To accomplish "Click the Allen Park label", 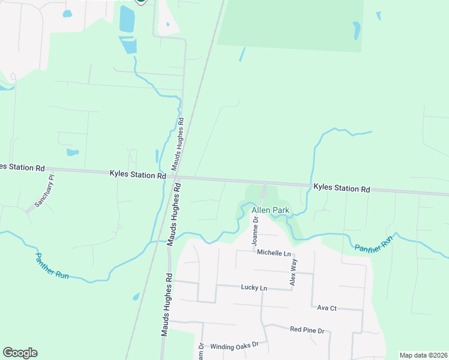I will point(270,211).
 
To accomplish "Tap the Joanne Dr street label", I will point(255,231).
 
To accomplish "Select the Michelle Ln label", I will point(273,254).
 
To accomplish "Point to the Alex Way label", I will point(294,271).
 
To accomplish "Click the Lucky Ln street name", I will point(254,288).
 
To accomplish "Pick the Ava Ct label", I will point(327,308).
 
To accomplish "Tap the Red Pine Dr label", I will point(307,330).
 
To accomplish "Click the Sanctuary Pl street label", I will point(44,191).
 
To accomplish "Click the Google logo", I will point(20,353).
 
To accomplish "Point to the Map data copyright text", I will point(423,355).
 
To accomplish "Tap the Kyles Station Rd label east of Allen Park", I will point(342,188).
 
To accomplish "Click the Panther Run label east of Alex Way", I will point(373,243).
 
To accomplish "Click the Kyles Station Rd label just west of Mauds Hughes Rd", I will point(137,175).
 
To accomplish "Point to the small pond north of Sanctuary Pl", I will point(73,152).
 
